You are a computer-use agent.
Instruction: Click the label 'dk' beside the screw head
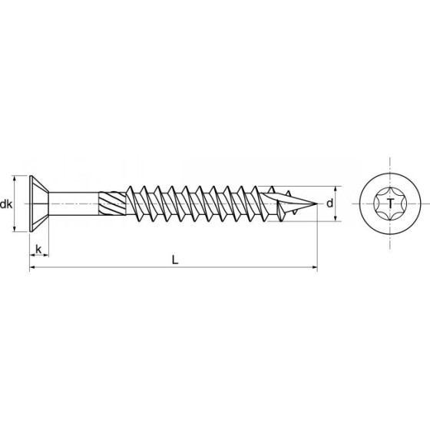coord(7,204)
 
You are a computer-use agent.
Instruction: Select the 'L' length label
coord(175,260)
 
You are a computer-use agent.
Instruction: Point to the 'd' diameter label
coord(328,204)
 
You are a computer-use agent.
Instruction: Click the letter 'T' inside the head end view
coord(392,204)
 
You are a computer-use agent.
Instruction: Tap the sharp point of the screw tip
coord(316,204)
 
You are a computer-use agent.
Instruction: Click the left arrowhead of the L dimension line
coord(32,268)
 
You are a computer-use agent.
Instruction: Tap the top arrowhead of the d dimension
coord(337,189)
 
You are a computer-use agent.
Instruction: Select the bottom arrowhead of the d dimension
coord(337,220)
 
